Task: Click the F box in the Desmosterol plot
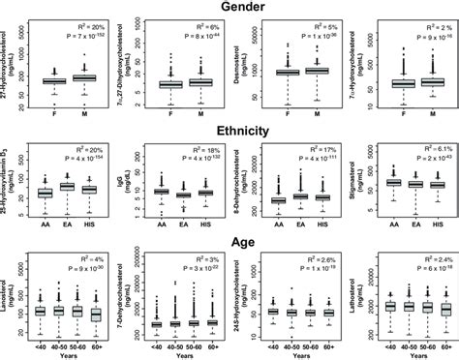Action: pyautogui.click(x=289, y=73)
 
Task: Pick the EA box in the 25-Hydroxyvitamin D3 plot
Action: pyautogui.click(x=68, y=186)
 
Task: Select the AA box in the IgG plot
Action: pyautogui.click(x=161, y=192)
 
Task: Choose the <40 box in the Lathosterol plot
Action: pyautogui.click(x=361, y=306)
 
